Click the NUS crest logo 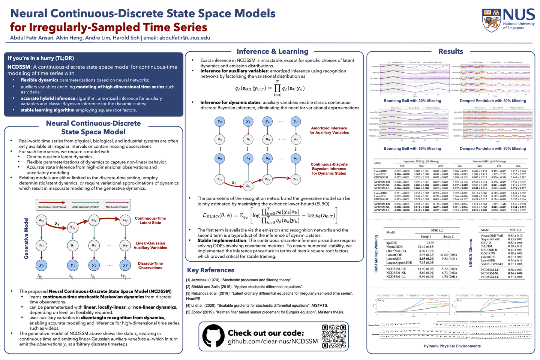(x=491, y=20)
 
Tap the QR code (x=334, y=336)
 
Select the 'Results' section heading (x=451, y=51)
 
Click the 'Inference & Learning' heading (x=272, y=51)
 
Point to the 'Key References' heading (x=210, y=270)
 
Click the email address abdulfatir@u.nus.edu (x=184, y=38)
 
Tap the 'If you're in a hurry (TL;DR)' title (x=41, y=58)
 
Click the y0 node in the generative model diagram (x=41, y=265)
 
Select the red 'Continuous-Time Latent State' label (x=150, y=220)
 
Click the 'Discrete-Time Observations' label (x=150, y=265)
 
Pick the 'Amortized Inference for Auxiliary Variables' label (x=329, y=130)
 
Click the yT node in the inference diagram (x=296, y=121)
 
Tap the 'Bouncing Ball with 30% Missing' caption (x=412, y=101)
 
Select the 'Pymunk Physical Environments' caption (x=452, y=346)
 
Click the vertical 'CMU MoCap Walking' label (x=376, y=254)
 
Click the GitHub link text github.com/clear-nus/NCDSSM (x=273, y=341)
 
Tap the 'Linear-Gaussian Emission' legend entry (x=85, y=207)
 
